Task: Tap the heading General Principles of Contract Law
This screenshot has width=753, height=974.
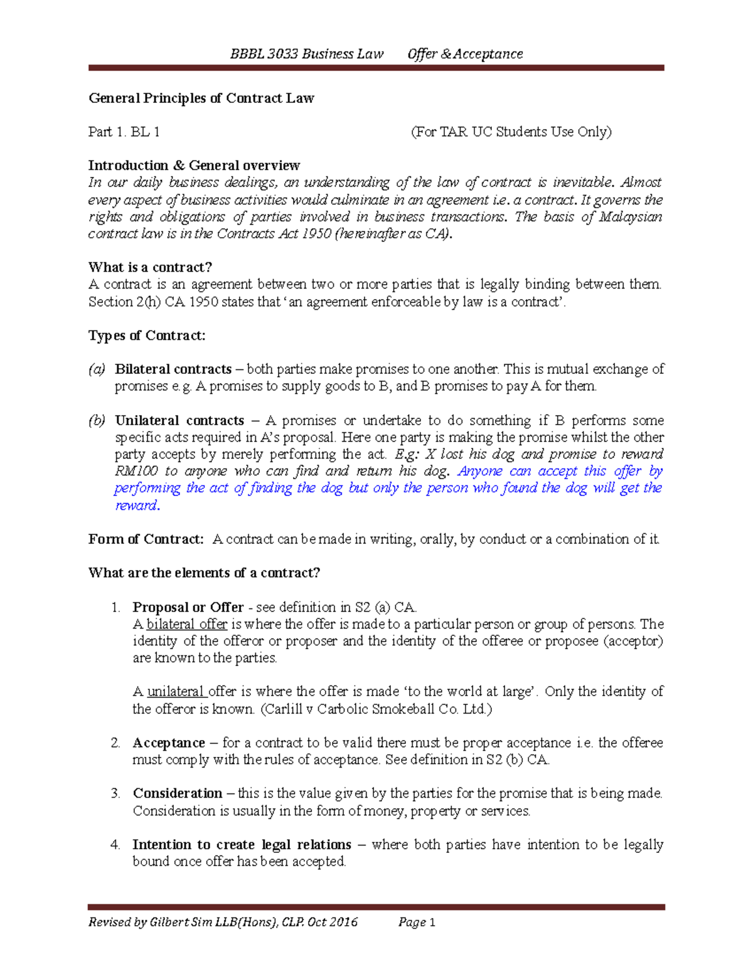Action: (201, 98)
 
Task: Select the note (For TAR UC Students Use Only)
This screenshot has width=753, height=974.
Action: (511, 132)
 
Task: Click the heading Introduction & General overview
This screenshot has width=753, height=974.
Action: (194, 166)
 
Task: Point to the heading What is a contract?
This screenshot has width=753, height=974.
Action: (151, 267)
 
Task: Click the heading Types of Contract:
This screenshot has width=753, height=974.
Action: (147, 336)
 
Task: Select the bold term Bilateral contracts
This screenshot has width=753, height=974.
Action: (173, 369)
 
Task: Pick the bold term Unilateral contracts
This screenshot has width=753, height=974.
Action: (179, 420)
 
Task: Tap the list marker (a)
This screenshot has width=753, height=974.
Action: (97, 369)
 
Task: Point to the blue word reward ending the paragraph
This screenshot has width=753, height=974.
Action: (136, 506)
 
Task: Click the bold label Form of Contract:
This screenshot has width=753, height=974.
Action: (146, 539)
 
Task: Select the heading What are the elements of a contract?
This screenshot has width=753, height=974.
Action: (204, 573)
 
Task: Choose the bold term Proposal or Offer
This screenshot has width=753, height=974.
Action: (188, 607)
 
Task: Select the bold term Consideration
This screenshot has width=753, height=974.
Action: (178, 793)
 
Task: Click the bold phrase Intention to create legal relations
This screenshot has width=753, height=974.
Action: (242, 845)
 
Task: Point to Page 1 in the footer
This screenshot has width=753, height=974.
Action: (417, 922)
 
